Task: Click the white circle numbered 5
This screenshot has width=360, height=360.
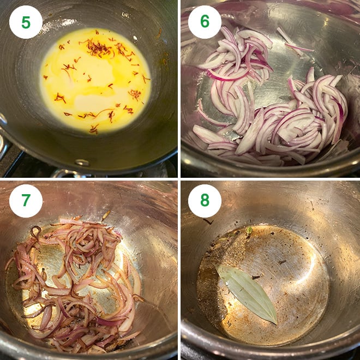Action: [x=26, y=22]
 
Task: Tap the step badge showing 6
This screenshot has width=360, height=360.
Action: [x=205, y=22]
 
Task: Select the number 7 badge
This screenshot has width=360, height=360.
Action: [x=26, y=201]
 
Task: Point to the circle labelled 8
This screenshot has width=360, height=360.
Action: [x=205, y=201]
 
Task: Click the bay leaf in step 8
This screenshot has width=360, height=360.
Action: [x=247, y=292]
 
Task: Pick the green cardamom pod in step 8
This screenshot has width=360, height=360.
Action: [x=249, y=231]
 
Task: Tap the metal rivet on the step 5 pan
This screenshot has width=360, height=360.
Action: [x=82, y=162]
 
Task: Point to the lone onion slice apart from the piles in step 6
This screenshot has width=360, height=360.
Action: [x=297, y=48]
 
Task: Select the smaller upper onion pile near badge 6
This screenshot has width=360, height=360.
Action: [x=240, y=60]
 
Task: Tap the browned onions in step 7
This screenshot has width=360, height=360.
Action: [x=76, y=278]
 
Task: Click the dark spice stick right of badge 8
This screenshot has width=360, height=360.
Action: [x=207, y=221]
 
